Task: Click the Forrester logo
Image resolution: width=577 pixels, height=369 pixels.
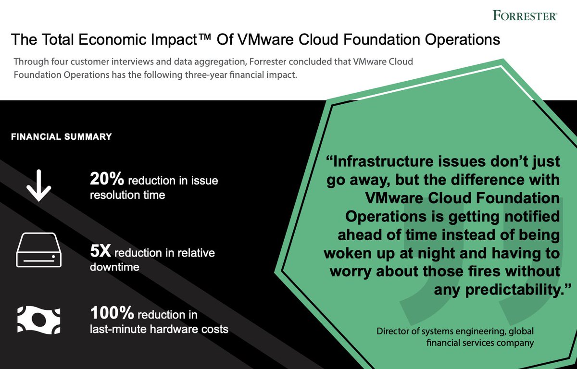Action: coord(525,15)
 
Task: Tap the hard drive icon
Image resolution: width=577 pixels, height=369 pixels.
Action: coord(38,250)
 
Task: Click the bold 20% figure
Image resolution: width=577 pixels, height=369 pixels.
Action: coord(107,180)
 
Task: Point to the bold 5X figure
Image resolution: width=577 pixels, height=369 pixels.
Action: coord(100,252)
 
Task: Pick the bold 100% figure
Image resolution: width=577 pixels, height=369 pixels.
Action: coord(112,315)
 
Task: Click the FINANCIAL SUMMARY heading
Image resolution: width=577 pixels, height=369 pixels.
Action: coord(61,136)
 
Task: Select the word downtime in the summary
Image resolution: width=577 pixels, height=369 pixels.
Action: coord(114,267)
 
